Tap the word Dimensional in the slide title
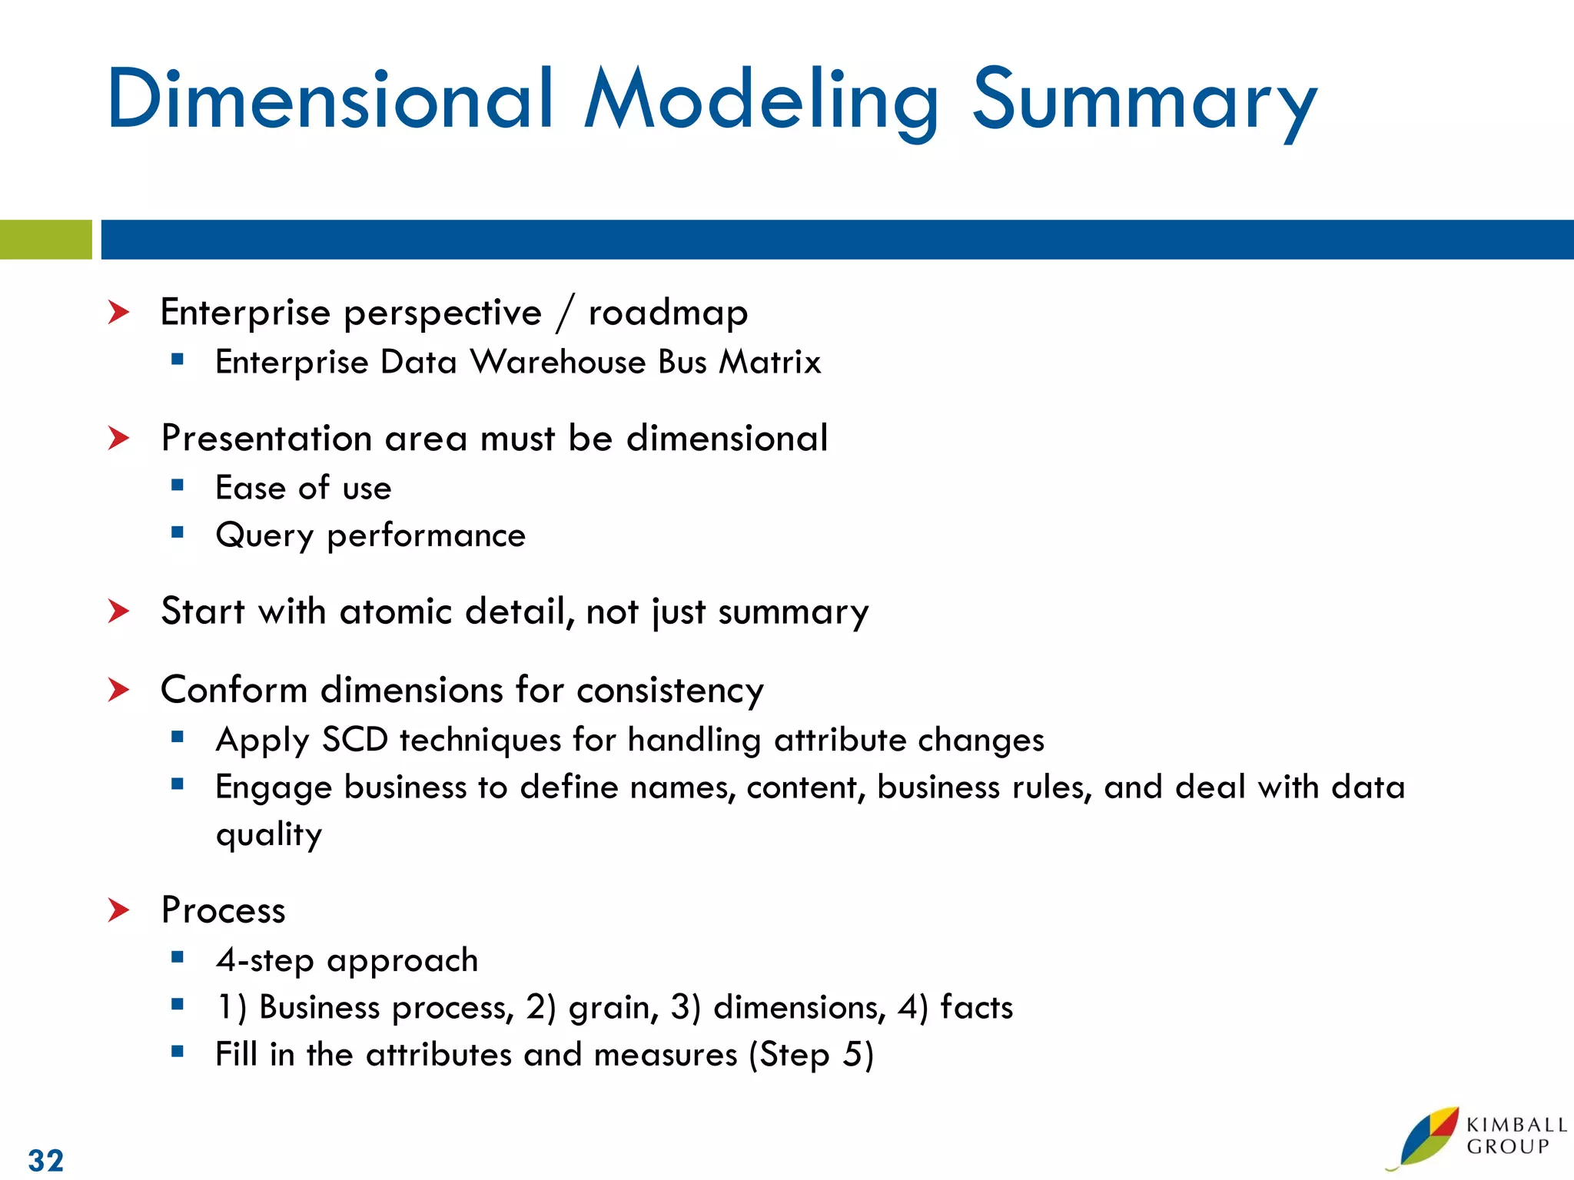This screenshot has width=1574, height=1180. [330, 100]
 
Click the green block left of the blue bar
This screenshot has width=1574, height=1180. [45, 240]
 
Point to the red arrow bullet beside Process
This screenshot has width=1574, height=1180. [119, 910]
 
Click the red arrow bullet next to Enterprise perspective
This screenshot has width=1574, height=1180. [119, 313]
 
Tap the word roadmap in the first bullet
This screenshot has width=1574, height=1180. [668, 313]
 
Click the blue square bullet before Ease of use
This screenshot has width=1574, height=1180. [178, 485]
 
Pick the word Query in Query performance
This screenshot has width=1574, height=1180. [264, 535]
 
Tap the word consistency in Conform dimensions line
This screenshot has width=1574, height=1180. [669, 690]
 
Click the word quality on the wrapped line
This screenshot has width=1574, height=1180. [269, 835]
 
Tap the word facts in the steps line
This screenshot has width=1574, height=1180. [976, 1007]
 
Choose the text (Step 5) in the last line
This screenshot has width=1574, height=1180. [812, 1055]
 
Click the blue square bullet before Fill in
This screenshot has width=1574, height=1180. [178, 1052]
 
